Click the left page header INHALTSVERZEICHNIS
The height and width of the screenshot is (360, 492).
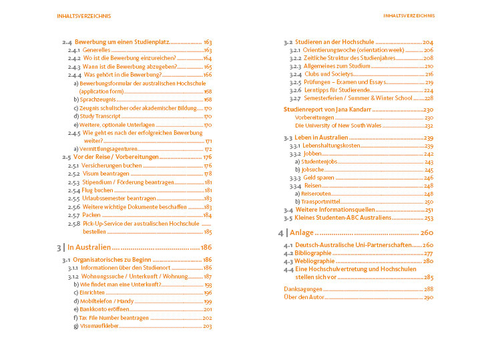tap(84, 15)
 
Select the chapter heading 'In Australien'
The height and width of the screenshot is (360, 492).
tap(94, 247)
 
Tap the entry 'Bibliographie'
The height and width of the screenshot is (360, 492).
tap(314, 254)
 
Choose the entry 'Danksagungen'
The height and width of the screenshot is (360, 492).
tap(302, 289)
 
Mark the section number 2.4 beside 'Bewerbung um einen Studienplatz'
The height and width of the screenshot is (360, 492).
tap(67, 41)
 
